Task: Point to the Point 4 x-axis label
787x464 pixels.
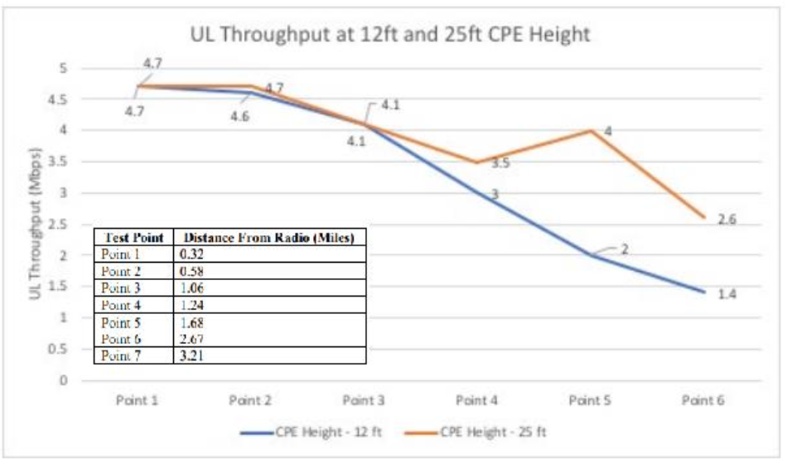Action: point(476,400)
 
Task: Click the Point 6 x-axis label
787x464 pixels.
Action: point(703,400)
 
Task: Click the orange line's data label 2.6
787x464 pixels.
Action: point(727,220)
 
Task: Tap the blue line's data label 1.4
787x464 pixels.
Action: point(727,294)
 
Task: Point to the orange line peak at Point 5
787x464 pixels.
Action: point(590,130)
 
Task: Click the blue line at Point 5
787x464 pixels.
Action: point(590,254)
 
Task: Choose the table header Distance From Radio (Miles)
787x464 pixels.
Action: point(268,237)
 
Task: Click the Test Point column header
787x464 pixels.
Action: point(133,237)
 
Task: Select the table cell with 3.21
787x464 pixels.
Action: point(192,355)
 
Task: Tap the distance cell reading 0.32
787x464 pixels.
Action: point(192,254)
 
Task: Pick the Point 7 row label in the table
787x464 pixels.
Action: point(121,355)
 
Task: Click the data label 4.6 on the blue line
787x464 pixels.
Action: point(240,117)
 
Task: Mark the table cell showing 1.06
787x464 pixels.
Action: point(192,288)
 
